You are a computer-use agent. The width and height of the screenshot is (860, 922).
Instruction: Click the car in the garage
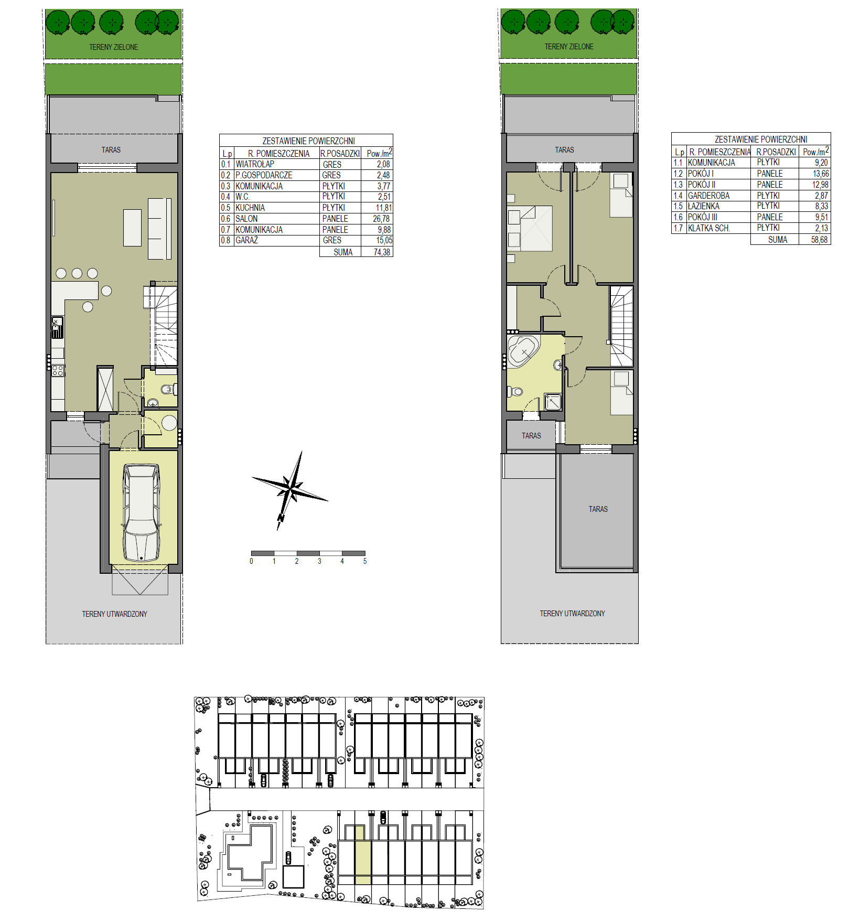(x=141, y=512)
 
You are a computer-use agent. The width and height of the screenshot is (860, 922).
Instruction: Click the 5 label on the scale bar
(x=365, y=561)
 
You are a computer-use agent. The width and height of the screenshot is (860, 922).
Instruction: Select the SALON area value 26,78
(x=381, y=219)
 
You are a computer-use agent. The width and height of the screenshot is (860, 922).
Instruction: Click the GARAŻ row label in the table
(x=246, y=240)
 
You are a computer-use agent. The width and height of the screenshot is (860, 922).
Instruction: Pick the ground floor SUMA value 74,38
(x=382, y=252)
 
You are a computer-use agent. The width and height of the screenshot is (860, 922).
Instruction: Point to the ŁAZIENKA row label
(x=704, y=206)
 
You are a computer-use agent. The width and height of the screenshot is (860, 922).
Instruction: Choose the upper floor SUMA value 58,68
(x=820, y=240)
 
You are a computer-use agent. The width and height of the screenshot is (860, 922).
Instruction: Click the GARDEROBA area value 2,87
(x=822, y=196)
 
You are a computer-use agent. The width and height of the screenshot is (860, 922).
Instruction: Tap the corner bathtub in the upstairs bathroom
(x=523, y=351)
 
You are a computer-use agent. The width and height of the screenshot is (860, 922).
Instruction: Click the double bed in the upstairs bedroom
(x=530, y=228)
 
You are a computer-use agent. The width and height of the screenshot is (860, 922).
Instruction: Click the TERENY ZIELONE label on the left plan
(x=114, y=47)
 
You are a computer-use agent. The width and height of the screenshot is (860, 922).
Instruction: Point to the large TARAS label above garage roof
(x=598, y=509)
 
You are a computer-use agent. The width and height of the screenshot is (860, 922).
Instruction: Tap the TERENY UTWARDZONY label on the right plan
(x=572, y=614)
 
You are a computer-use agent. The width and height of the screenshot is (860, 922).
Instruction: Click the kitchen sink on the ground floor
(x=57, y=327)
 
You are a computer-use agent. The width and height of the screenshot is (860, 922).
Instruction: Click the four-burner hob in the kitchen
(x=58, y=371)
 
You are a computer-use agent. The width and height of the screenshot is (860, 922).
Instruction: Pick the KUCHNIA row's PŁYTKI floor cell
(x=334, y=208)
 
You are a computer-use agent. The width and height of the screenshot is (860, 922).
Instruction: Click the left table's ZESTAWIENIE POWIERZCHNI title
(x=308, y=141)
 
